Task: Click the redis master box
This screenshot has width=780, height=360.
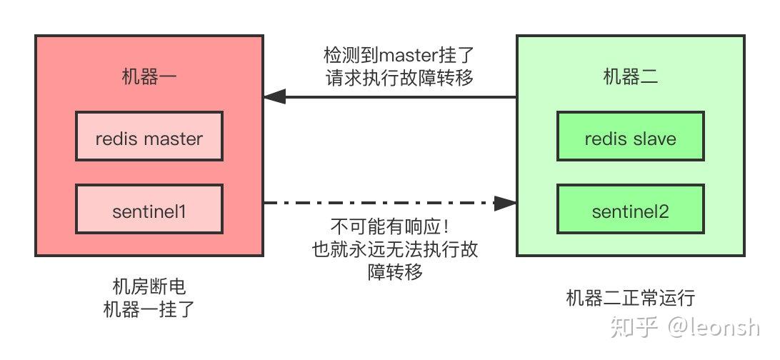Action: click(x=149, y=138)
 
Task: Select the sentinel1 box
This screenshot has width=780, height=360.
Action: click(x=149, y=211)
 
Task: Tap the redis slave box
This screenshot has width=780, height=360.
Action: click(x=630, y=138)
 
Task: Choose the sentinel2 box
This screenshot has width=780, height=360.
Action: click(x=630, y=211)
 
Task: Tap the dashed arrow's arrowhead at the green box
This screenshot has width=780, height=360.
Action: click(x=506, y=204)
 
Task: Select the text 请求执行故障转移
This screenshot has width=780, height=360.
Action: click(x=399, y=78)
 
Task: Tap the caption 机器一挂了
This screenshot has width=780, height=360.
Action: click(x=149, y=310)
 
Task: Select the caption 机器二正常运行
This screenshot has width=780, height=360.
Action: click(x=630, y=298)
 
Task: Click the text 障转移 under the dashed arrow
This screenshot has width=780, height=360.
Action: click(x=394, y=272)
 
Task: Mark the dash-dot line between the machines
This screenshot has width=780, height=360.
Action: click(x=379, y=204)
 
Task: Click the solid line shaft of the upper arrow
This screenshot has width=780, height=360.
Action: click(x=400, y=96)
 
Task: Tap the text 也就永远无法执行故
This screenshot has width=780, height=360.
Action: click(x=395, y=250)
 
